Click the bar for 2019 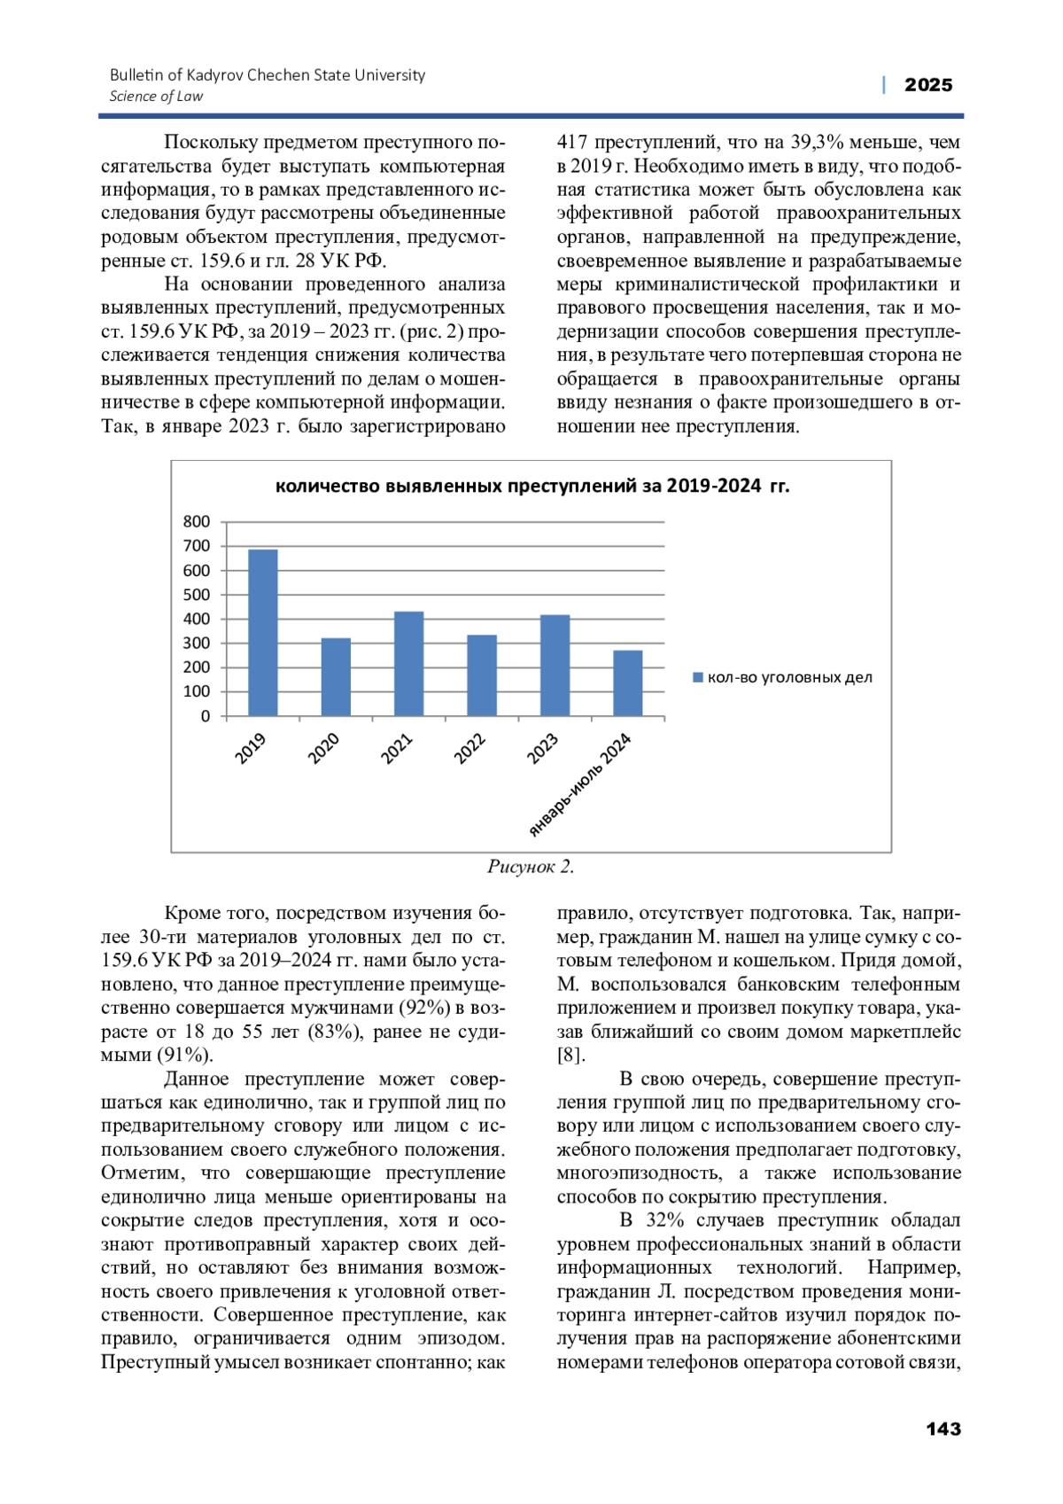click(263, 633)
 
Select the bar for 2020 click(336, 677)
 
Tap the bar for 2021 click(408, 664)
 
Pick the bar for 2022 click(482, 675)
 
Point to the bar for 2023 click(555, 666)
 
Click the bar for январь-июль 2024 click(628, 683)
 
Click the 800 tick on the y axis click(197, 522)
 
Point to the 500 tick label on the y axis click(197, 595)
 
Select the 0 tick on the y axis click(206, 716)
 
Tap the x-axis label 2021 click(397, 749)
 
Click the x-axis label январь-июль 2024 click(580, 784)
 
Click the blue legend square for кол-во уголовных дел click(698, 678)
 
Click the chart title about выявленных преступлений click(531, 486)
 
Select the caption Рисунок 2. click(531, 867)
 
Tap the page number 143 click(943, 1429)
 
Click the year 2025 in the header click(928, 85)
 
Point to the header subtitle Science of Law click(156, 97)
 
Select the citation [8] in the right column click(570, 1056)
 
